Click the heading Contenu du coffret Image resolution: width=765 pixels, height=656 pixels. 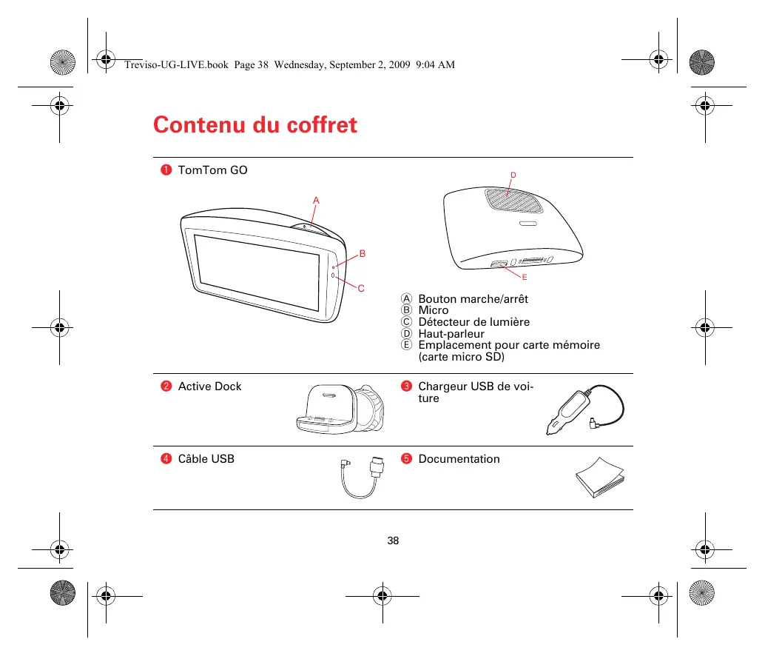click(x=255, y=125)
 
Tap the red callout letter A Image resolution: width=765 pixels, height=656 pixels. click(x=316, y=201)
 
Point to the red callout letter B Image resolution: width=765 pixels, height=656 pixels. click(x=363, y=254)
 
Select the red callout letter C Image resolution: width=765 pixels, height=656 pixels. click(x=362, y=288)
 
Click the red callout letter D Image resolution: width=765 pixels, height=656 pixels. click(x=513, y=175)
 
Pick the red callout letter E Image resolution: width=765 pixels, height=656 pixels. click(x=524, y=277)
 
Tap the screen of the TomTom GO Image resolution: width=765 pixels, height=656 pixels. click(x=257, y=272)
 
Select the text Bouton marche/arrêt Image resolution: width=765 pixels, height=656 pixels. click(x=473, y=299)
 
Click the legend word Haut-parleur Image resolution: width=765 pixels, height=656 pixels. click(x=451, y=334)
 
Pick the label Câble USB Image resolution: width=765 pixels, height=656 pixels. click(x=206, y=459)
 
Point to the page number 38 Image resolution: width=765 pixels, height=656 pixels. click(x=393, y=540)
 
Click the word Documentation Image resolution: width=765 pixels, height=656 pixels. click(x=459, y=459)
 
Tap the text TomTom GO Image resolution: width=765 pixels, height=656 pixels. click(x=213, y=170)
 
